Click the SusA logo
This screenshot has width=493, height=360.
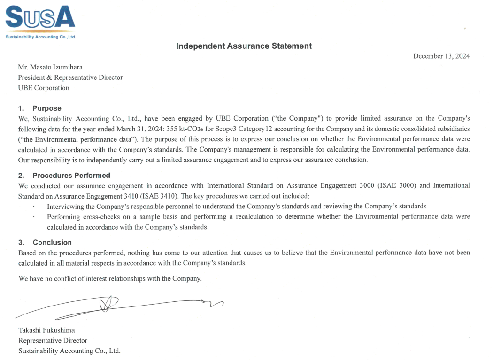point(40,17)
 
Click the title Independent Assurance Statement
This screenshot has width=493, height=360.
point(244,46)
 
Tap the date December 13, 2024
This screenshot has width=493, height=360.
point(441,56)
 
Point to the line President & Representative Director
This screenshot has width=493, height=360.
point(70,77)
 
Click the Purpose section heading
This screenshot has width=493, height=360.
point(46,108)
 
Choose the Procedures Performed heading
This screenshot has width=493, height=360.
point(71,176)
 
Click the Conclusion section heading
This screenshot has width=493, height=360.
point(52,243)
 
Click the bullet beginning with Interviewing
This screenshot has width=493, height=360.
point(236,206)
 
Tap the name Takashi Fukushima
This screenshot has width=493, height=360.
point(46,330)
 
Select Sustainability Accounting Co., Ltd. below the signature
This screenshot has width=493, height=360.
point(69,351)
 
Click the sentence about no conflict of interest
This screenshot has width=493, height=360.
point(110,279)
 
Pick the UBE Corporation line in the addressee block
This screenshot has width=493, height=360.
point(44,88)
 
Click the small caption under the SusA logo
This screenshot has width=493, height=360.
point(40,36)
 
